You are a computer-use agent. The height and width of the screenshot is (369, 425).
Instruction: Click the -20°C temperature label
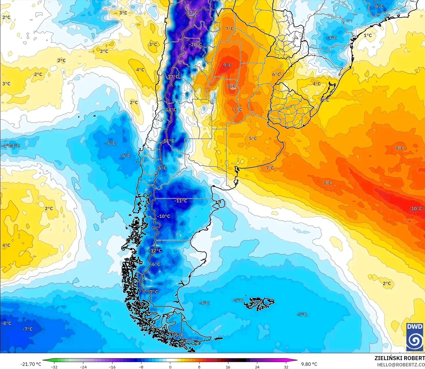(x=196, y=45)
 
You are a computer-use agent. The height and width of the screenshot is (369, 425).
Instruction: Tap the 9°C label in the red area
(x=228, y=65)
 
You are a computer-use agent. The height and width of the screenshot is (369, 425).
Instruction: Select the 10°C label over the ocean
(x=416, y=209)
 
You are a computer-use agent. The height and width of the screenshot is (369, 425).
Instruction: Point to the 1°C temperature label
(x=368, y=36)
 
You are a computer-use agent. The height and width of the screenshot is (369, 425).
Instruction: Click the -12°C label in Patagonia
(x=155, y=251)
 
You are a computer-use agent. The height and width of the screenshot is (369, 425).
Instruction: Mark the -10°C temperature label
(x=164, y=216)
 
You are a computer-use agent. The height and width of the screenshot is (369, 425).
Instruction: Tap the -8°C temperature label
(x=6, y=323)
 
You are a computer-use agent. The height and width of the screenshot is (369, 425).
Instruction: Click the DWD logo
(x=415, y=337)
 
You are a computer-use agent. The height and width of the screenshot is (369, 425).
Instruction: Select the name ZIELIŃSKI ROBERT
(x=400, y=358)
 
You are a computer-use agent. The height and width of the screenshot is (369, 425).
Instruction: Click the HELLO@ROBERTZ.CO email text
(x=401, y=365)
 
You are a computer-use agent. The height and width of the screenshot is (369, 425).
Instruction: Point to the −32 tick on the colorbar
(x=54, y=367)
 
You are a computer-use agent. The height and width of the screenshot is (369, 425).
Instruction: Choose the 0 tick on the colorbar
(x=170, y=367)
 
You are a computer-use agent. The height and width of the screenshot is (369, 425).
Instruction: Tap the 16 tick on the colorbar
(x=228, y=367)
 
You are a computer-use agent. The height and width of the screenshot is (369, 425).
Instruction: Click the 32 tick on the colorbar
(x=286, y=367)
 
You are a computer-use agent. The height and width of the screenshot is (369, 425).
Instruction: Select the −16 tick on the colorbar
(x=112, y=367)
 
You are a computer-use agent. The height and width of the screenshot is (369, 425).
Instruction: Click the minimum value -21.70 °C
(x=31, y=364)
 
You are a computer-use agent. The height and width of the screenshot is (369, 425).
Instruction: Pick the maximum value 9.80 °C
(x=309, y=364)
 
